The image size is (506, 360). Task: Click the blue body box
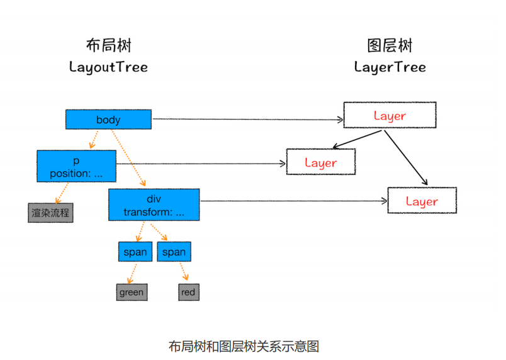[x=108, y=120]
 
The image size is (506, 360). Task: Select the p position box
[x=77, y=166]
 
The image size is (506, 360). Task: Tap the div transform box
[x=154, y=205]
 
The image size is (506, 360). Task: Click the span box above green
[x=135, y=252]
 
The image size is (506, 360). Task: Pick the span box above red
[x=174, y=252]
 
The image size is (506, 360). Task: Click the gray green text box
[x=132, y=292]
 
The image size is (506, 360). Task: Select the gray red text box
[x=189, y=292]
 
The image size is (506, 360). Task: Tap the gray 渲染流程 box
[x=51, y=213]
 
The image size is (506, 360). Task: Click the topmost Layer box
[x=390, y=115]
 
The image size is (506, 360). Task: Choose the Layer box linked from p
[x=321, y=162]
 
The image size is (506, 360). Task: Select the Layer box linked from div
[x=422, y=200]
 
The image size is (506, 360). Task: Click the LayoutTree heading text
[x=109, y=67]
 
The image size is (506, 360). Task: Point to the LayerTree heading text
[x=390, y=67]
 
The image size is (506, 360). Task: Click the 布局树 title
[x=109, y=45]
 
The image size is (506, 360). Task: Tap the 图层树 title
[x=390, y=45]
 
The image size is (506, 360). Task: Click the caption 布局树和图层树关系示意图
[x=244, y=346]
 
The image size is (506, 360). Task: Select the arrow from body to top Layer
[x=248, y=120]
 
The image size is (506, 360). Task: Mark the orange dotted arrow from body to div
[x=128, y=158]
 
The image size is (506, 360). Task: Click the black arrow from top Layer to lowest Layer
[x=406, y=158]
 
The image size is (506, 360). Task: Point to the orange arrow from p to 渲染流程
[x=62, y=193]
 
